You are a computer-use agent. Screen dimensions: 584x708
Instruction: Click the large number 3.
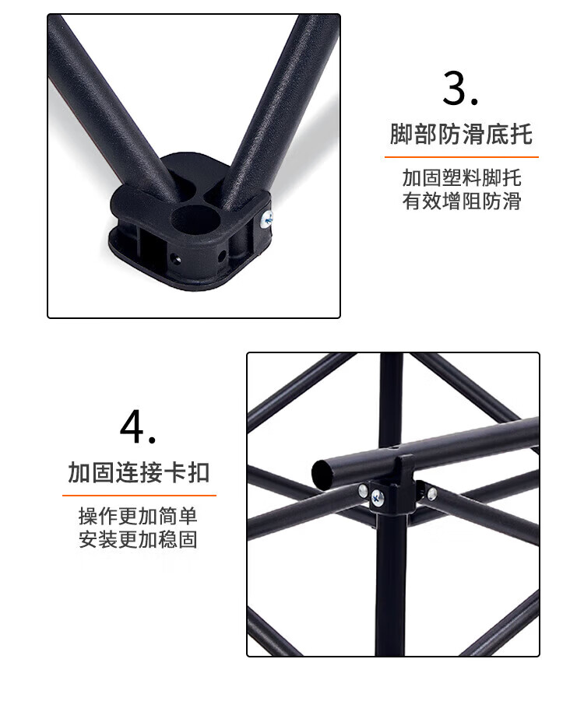pyautogui.click(x=460, y=88)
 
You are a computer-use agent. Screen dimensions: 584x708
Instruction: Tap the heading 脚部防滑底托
pyautogui.click(x=461, y=134)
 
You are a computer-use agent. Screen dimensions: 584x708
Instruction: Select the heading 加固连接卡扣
pyautogui.click(x=139, y=473)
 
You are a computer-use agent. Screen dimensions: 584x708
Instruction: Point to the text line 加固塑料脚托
pyautogui.click(x=462, y=178)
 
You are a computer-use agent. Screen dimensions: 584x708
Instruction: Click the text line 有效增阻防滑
pyautogui.click(x=462, y=201)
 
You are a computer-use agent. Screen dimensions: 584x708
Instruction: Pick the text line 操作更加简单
pyautogui.click(x=138, y=516)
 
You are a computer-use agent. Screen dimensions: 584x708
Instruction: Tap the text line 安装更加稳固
pyautogui.click(x=138, y=539)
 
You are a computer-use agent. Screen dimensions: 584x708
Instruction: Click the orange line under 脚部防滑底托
pyautogui.click(x=462, y=157)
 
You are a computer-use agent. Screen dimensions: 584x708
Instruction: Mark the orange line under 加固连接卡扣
pyautogui.click(x=139, y=496)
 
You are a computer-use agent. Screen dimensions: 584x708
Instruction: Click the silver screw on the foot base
pyautogui.click(x=266, y=219)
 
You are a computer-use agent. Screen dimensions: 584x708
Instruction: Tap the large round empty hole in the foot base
pyautogui.click(x=195, y=219)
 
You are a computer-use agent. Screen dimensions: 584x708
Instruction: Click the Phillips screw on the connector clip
pyautogui.click(x=378, y=499)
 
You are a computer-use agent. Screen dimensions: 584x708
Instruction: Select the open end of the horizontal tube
pyautogui.click(x=324, y=475)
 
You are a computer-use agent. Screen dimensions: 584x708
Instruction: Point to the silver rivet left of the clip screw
pyautogui.click(x=363, y=491)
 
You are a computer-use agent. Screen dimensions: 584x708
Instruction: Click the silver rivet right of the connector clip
pyautogui.click(x=432, y=492)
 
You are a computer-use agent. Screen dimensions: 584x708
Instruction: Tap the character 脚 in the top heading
pyautogui.click(x=401, y=134)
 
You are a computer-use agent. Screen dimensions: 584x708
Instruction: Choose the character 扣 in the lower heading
pyautogui.click(x=199, y=473)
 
